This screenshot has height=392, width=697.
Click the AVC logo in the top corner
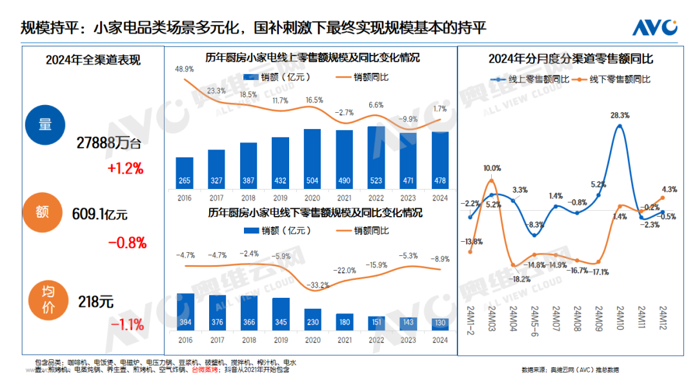pos(654,27)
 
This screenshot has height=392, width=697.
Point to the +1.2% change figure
pos(126,169)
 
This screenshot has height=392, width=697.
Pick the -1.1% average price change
pos(126,324)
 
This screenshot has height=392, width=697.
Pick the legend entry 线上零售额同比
pos(531,80)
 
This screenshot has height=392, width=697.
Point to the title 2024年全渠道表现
pos(93,61)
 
